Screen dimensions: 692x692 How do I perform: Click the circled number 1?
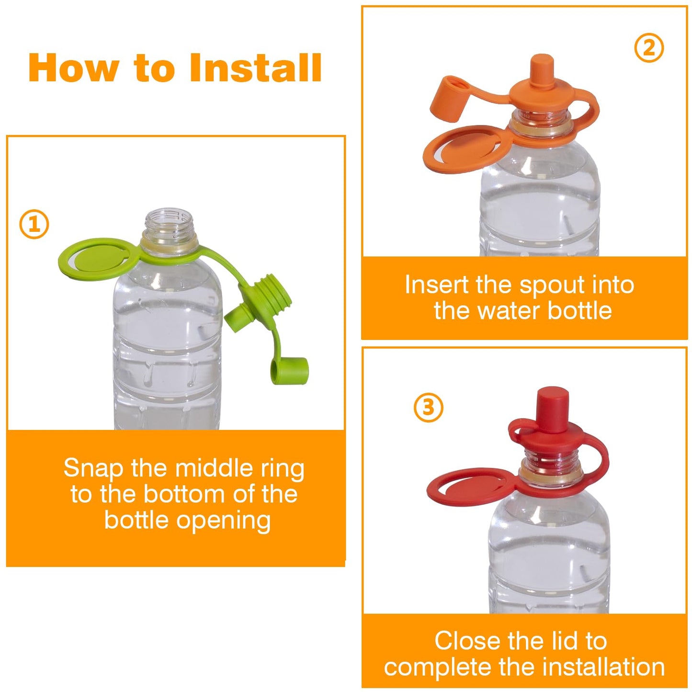[x=34, y=225]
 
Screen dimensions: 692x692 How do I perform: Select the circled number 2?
[x=649, y=48]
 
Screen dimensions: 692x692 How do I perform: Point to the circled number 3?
[x=429, y=408]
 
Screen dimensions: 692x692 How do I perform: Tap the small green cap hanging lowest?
[x=289, y=371]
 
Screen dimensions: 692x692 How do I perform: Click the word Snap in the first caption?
[x=94, y=469]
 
